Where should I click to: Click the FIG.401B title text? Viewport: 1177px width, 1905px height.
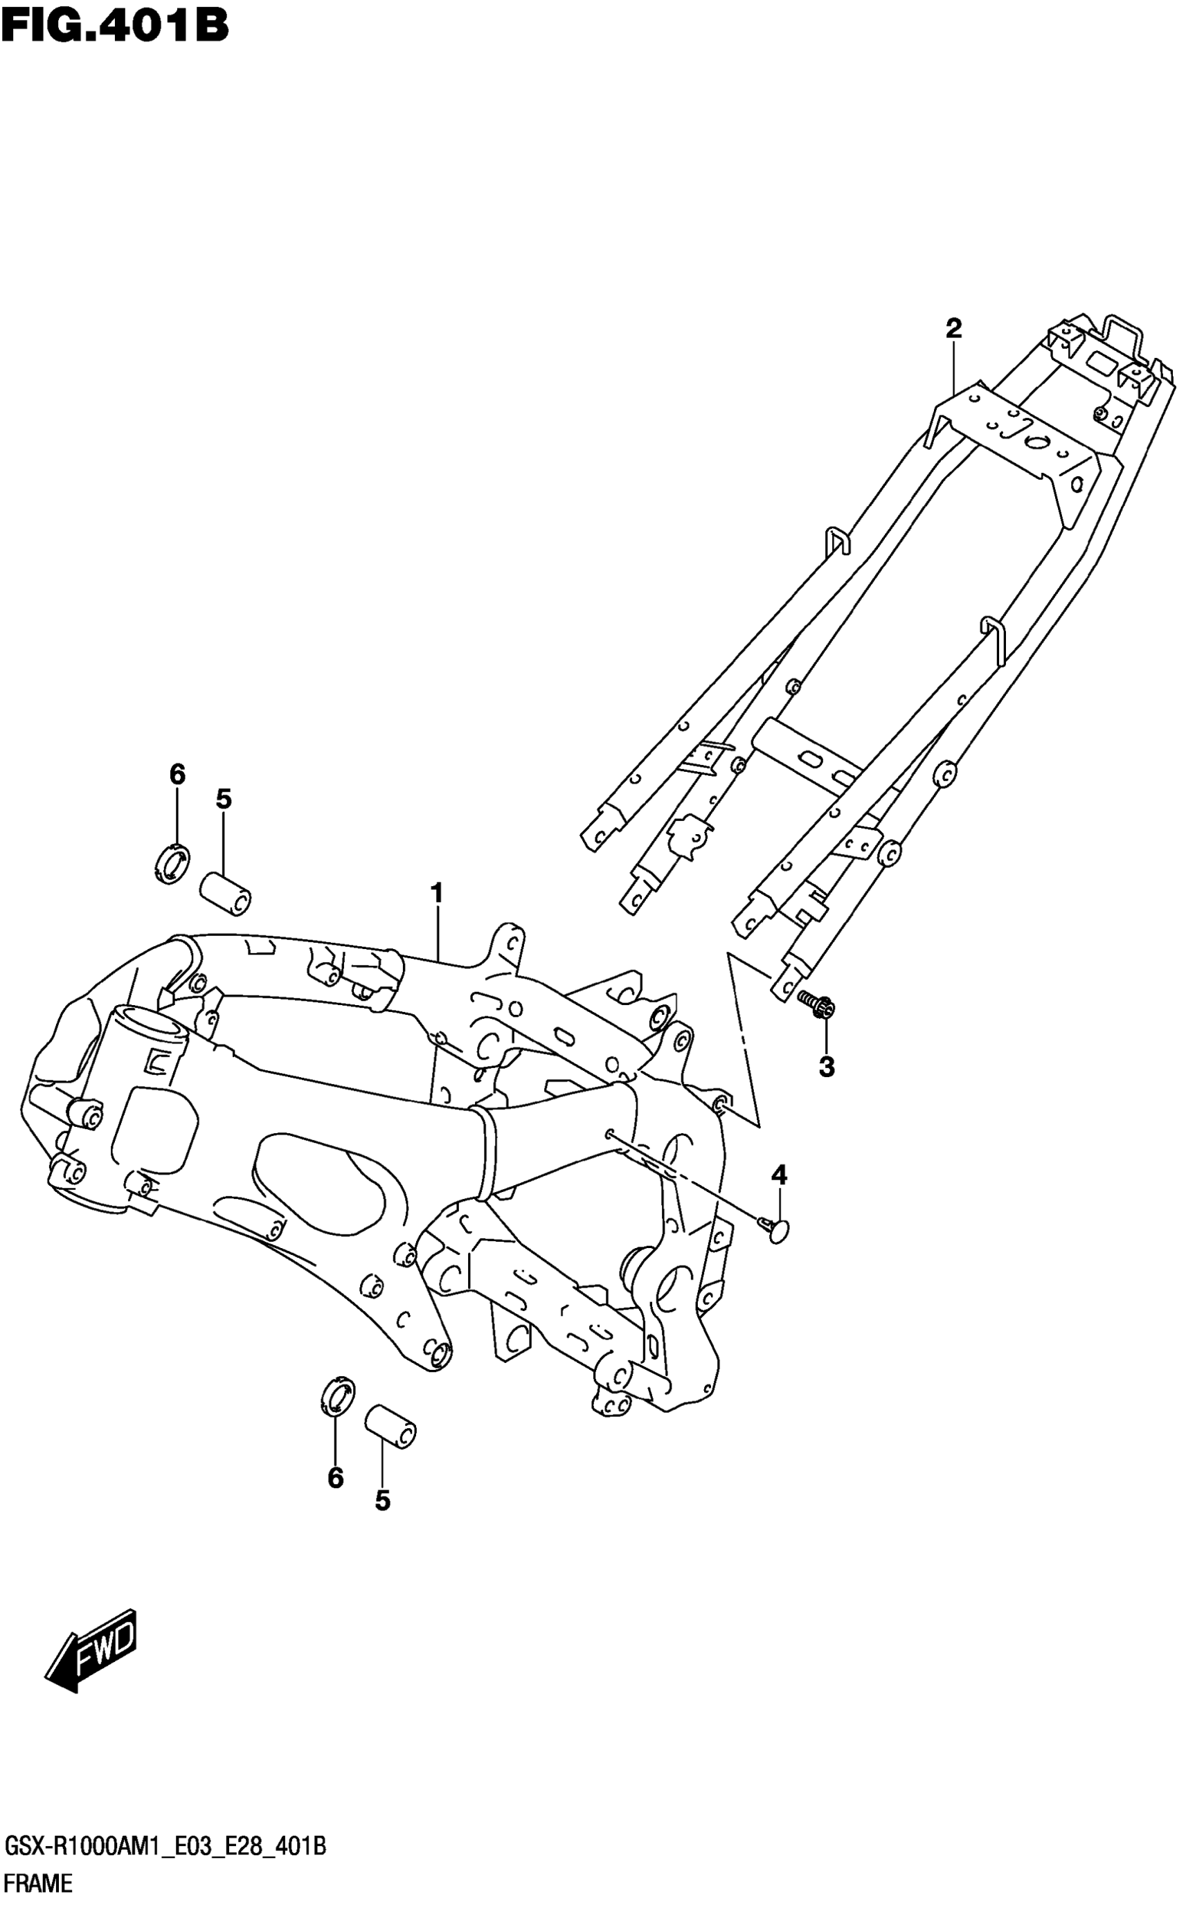114,26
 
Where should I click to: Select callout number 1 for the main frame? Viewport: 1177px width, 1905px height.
437,892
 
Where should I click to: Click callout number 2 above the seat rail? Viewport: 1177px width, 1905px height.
953,328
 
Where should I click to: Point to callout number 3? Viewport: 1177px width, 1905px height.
827,1067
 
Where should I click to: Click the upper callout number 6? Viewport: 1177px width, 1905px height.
177,775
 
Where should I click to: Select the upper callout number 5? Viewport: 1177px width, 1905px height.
224,798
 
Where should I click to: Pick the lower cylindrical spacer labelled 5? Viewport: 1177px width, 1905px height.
390,1427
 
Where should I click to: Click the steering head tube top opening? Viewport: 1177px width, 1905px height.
150,1021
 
